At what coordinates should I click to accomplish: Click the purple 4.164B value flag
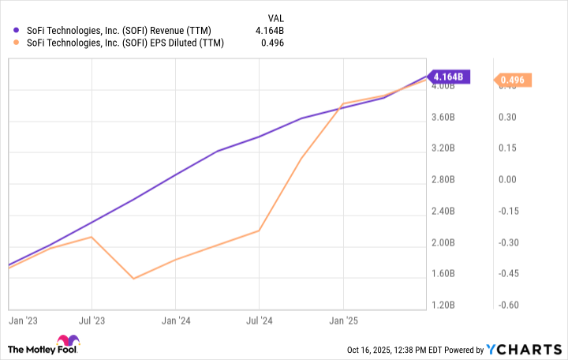451,77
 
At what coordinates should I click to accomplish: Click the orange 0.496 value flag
514,80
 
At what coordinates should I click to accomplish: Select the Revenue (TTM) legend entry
118,31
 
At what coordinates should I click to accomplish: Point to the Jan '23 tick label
20,322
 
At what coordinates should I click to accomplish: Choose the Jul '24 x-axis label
260,322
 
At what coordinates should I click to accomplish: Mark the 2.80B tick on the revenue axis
444,180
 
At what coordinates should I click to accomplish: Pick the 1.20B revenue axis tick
444,305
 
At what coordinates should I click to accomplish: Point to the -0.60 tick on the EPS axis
508,305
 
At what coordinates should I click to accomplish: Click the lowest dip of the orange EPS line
133,279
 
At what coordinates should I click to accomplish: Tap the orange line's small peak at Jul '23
92,237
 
